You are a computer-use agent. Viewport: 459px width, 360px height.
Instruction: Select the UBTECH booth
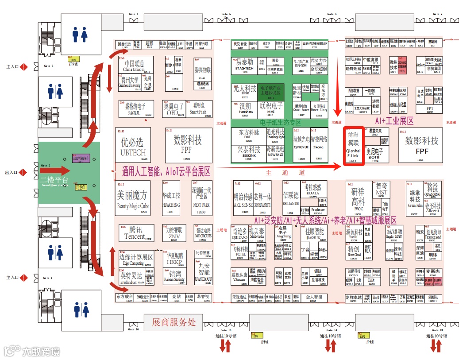click(132, 145)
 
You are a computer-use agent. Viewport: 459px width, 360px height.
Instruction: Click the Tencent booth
click(135, 233)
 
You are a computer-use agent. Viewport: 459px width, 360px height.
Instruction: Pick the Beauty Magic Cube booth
click(133, 198)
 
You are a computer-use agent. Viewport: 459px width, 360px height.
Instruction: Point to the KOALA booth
click(312, 189)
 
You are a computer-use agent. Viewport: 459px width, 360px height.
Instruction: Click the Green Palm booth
click(415, 198)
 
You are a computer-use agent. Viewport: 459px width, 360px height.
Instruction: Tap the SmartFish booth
click(198, 108)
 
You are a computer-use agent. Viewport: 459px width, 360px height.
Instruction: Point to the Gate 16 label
click(134, 329)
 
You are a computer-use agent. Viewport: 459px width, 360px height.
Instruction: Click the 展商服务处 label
click(174, 322)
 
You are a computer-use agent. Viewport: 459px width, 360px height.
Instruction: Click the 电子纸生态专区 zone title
click(280, 122)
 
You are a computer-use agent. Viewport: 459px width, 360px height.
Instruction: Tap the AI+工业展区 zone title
click(394, 120)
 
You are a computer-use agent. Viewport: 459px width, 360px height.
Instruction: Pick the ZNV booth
click(174, 233)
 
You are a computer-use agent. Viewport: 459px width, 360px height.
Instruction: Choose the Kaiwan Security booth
click(174, 276)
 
